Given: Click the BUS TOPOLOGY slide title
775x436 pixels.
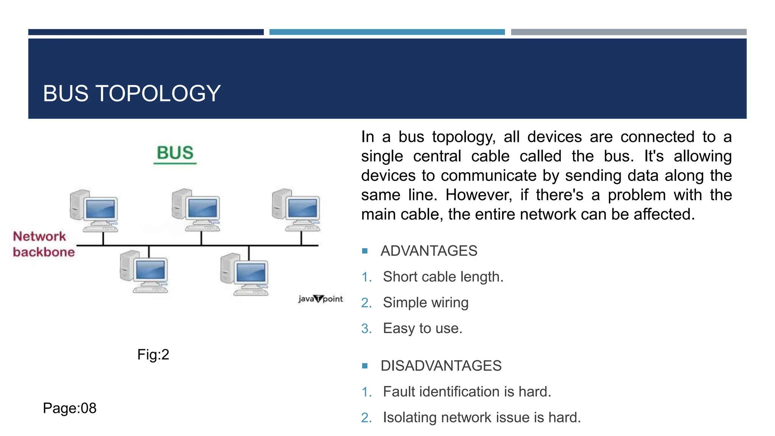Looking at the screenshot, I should tap(132, 93).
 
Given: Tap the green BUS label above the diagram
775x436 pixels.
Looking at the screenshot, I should tap(175, 153).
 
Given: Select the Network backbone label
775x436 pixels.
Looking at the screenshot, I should tap(44, 244).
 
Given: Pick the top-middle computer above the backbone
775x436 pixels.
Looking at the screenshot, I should tap(196, 209).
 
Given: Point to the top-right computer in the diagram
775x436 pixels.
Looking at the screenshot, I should tap(296, 209).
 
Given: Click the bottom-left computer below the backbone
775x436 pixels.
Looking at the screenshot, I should tap(144, 271).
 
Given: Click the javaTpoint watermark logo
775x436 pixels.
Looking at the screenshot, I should tap(320, 299).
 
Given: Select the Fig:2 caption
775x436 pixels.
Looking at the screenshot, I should tap(153, 355).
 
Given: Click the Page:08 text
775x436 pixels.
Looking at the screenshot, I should tap(70, 408).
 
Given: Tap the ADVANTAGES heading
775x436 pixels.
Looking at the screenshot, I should tap(429, 251).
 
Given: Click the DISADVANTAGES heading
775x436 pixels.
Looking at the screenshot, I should tap(441, 366).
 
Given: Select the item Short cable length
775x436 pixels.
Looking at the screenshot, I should tap(443, 277).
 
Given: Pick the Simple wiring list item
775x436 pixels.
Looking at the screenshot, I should tap(425, 303).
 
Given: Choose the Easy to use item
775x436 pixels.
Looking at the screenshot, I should tap(422, 329).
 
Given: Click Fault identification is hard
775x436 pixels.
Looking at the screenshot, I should tap(467, 392).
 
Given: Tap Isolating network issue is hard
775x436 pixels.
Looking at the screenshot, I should tap(481, 417).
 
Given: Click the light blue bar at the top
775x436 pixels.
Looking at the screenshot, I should tap(387, 32).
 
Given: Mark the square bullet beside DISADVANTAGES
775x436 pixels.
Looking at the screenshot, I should tap(365, 366).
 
